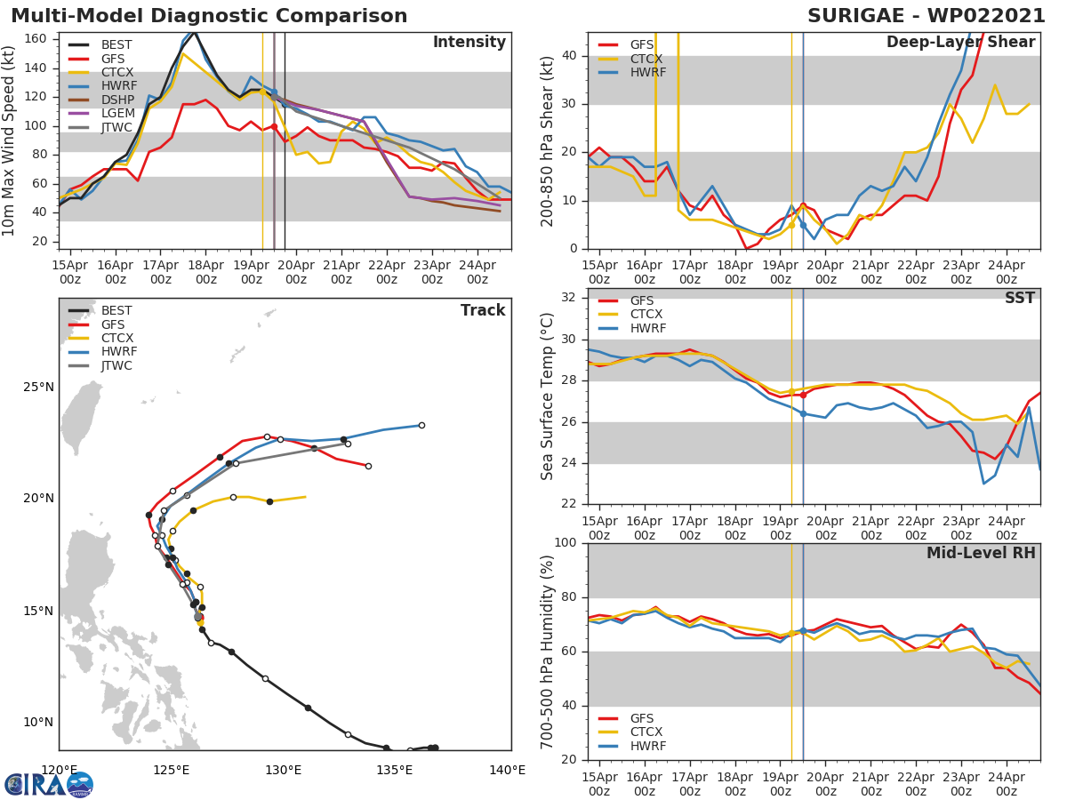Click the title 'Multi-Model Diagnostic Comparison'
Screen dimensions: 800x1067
[x=209, y=16]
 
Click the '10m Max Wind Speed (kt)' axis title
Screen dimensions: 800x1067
[x=10, y=140]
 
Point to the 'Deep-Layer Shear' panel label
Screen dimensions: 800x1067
[x=960, y=43]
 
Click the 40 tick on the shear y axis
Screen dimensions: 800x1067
[x=569, y=56]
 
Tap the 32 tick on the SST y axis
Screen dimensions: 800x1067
[x=569, y=298]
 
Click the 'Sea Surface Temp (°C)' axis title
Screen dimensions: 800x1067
[x=548, y=396]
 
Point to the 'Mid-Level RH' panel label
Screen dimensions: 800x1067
[x=981, y=553]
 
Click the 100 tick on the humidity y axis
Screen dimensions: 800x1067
[x=566, y=543]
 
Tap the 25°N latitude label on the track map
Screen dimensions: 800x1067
[x=38, y=387]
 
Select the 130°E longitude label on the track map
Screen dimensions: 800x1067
[x=283, y=771]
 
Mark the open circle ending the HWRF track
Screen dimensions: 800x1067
[x=421, y=425]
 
